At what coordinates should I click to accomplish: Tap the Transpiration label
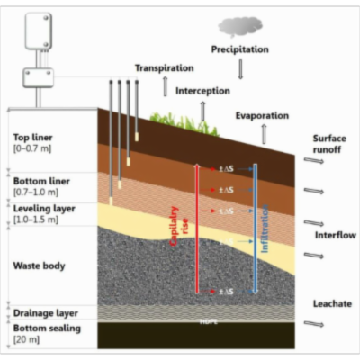[x=165, y=68]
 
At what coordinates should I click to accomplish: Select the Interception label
[x=202, y=91]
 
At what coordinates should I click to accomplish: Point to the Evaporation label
[x=262, y=116]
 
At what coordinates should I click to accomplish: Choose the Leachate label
[x=329, y=303]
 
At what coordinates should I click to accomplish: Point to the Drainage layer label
[x=45, y=314]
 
